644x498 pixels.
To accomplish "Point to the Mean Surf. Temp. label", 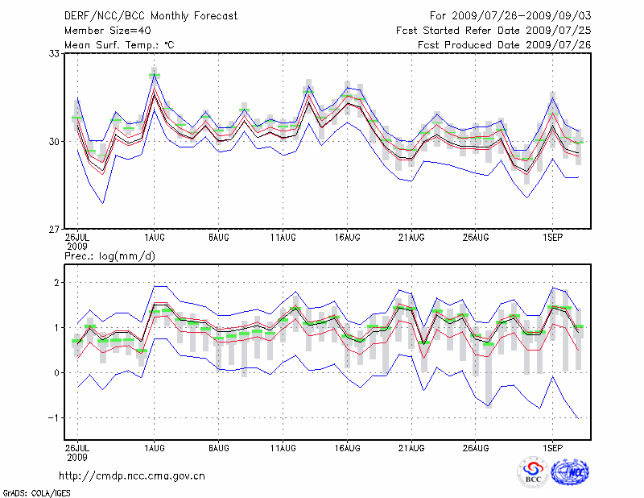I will [x=119, y=45].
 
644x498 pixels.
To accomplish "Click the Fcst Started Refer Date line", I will [x=493, y=31].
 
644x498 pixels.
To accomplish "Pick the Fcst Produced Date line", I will [x=504, y=45].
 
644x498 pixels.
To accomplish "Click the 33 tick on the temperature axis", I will [x=55, y=54].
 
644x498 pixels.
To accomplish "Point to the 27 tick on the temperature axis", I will [x=55, y=230].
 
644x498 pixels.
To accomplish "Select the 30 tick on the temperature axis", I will [x=55, y=142].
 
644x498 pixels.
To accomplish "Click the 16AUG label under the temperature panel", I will [x=347, y=238].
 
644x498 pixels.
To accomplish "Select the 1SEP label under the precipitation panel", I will [x=551, y=446].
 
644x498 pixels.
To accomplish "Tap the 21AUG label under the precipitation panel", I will [x=411, y=446].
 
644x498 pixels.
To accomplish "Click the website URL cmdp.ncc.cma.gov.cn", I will [x=132, y=476].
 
